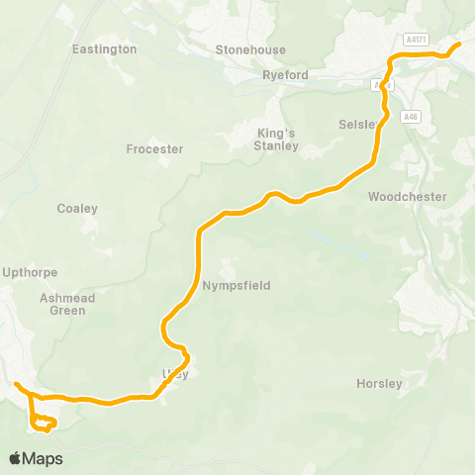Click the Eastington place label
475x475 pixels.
pyautogui.click(x=105, y=48)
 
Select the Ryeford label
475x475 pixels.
pyautogui.click(x=286, y=75)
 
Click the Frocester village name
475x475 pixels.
pyautogui.click(x=155, y=149)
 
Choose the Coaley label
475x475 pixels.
pyautogui.click(x=77, y=209)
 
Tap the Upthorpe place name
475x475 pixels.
pyautogui.click(x=31, y=272)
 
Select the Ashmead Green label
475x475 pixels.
pyautogui.click(x=62, y=304)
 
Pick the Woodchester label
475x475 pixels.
pyautogui.click(x=407, y=197)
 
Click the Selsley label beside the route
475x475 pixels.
pyautogui.click(x=356, y=125)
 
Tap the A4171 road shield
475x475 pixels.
pyautogui.click(x=417, y=39)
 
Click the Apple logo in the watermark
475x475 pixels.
pyautogui.click(x=16, y=458)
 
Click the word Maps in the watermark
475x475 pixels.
pyautogui.click(x=44, y=458)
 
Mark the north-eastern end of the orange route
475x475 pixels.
pyautogui.click(x=458, y=45)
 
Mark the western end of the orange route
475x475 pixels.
pyautogui.click(x=17, y=384)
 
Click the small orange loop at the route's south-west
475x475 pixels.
pyautogui.click(x=43, y=424)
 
